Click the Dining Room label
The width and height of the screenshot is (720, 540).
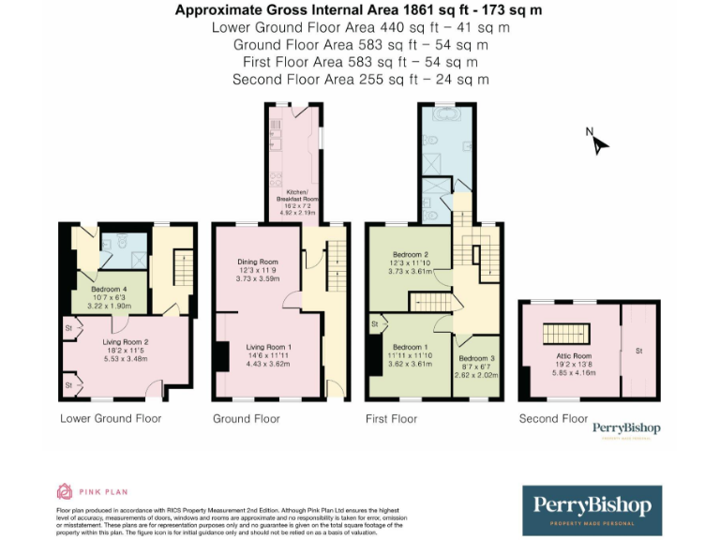click(257, 262)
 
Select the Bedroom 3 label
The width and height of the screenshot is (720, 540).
click(476, 358)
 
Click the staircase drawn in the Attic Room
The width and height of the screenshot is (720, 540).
click(565, 334)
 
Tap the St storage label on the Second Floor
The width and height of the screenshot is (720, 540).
click(639, 352)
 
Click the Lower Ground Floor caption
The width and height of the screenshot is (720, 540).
click(111, 418)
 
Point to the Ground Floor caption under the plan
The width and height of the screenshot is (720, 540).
click(247, 418)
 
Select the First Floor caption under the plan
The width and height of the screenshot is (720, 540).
click(391, 418)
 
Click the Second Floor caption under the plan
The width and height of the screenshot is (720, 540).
click(553, 418)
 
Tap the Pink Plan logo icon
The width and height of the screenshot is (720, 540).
click(65, 490)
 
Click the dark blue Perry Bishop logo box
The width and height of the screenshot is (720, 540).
click(592, 510)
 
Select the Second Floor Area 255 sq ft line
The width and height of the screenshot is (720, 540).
click(360, 80)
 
